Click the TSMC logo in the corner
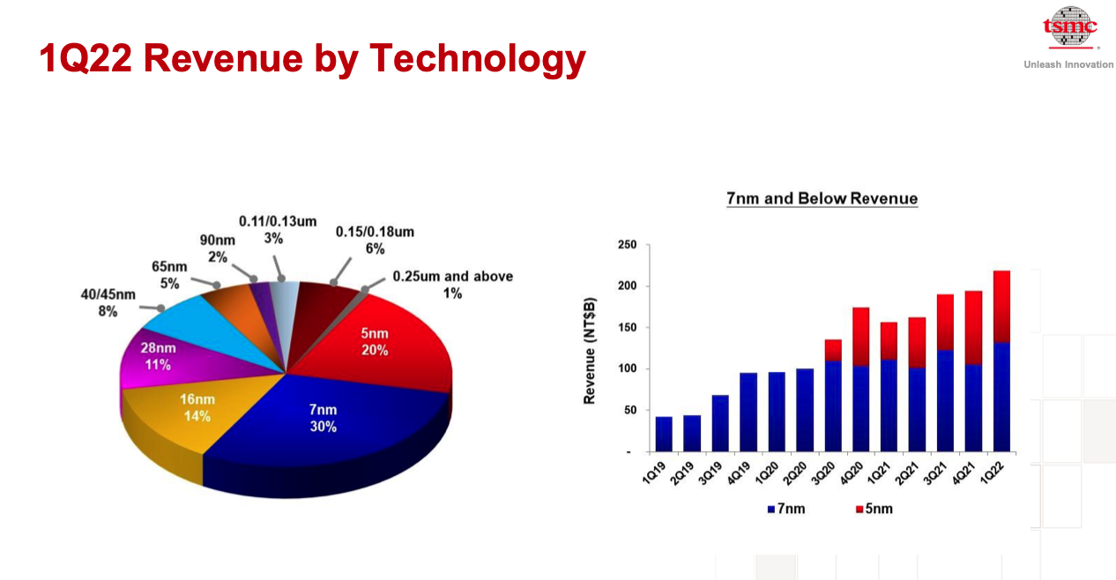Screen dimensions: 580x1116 [1069, 28]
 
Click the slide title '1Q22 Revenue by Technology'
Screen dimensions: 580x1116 [312, 59]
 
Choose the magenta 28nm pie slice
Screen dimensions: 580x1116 [158, 357]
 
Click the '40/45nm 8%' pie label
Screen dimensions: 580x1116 [108, 302]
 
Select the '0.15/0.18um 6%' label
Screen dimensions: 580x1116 [375, 240]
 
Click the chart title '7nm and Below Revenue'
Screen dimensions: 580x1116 [822, 198]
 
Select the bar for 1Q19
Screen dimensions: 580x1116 [664, 434]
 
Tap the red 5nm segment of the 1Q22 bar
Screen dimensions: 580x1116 [1001, 306]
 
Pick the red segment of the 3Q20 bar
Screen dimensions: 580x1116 [833, 350]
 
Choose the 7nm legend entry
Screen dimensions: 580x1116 [785, 509]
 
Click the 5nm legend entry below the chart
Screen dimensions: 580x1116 [874, 509]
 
